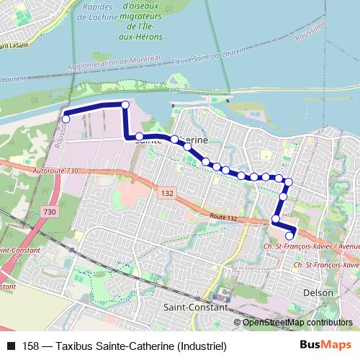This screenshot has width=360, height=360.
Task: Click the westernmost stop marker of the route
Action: [x=66, y=118]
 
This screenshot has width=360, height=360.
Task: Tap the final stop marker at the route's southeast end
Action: [x=290, y=235]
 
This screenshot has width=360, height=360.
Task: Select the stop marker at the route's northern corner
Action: [x=125, y=105]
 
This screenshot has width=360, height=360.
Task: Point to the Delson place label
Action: [x=319, y=293]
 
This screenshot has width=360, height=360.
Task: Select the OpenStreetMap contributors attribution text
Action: [x=297, y=323]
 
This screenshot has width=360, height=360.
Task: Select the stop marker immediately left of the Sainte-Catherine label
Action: [x=140, y=136]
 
